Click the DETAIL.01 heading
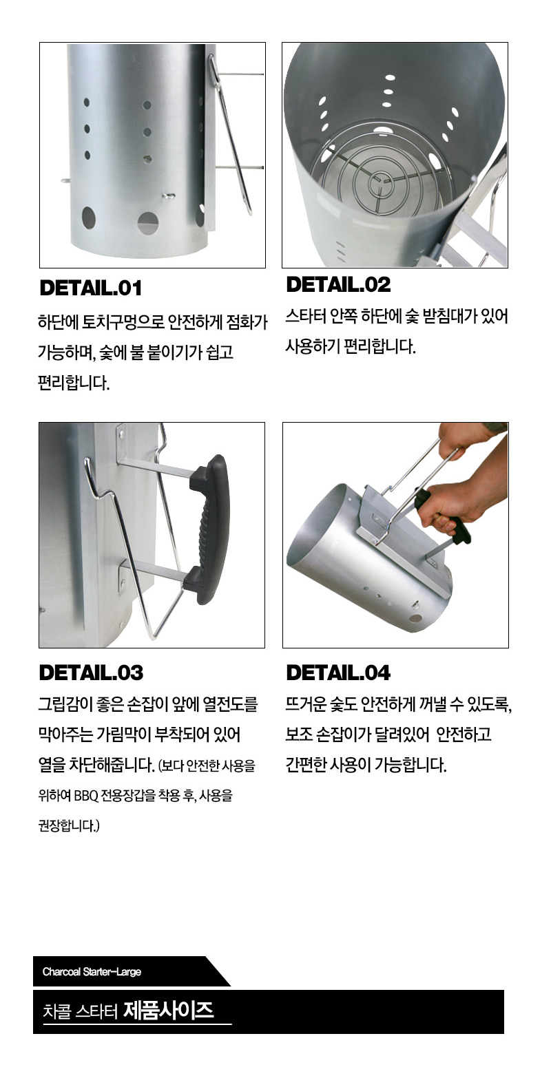[x=90, y=288]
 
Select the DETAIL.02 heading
[x=338, y=284]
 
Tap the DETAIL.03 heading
[x=91, y=673]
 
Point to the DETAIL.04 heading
[x=338, y=673]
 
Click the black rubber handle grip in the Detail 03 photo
[x=210, y=529]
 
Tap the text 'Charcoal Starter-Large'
[x=92, y=972]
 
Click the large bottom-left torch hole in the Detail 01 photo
[x=89, y=219]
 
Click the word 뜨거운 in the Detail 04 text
[x=306, y=704]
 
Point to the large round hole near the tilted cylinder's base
[x=415, y=619]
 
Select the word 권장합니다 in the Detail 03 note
[x=69, y=825]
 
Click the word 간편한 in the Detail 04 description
[x=306, y=765]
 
